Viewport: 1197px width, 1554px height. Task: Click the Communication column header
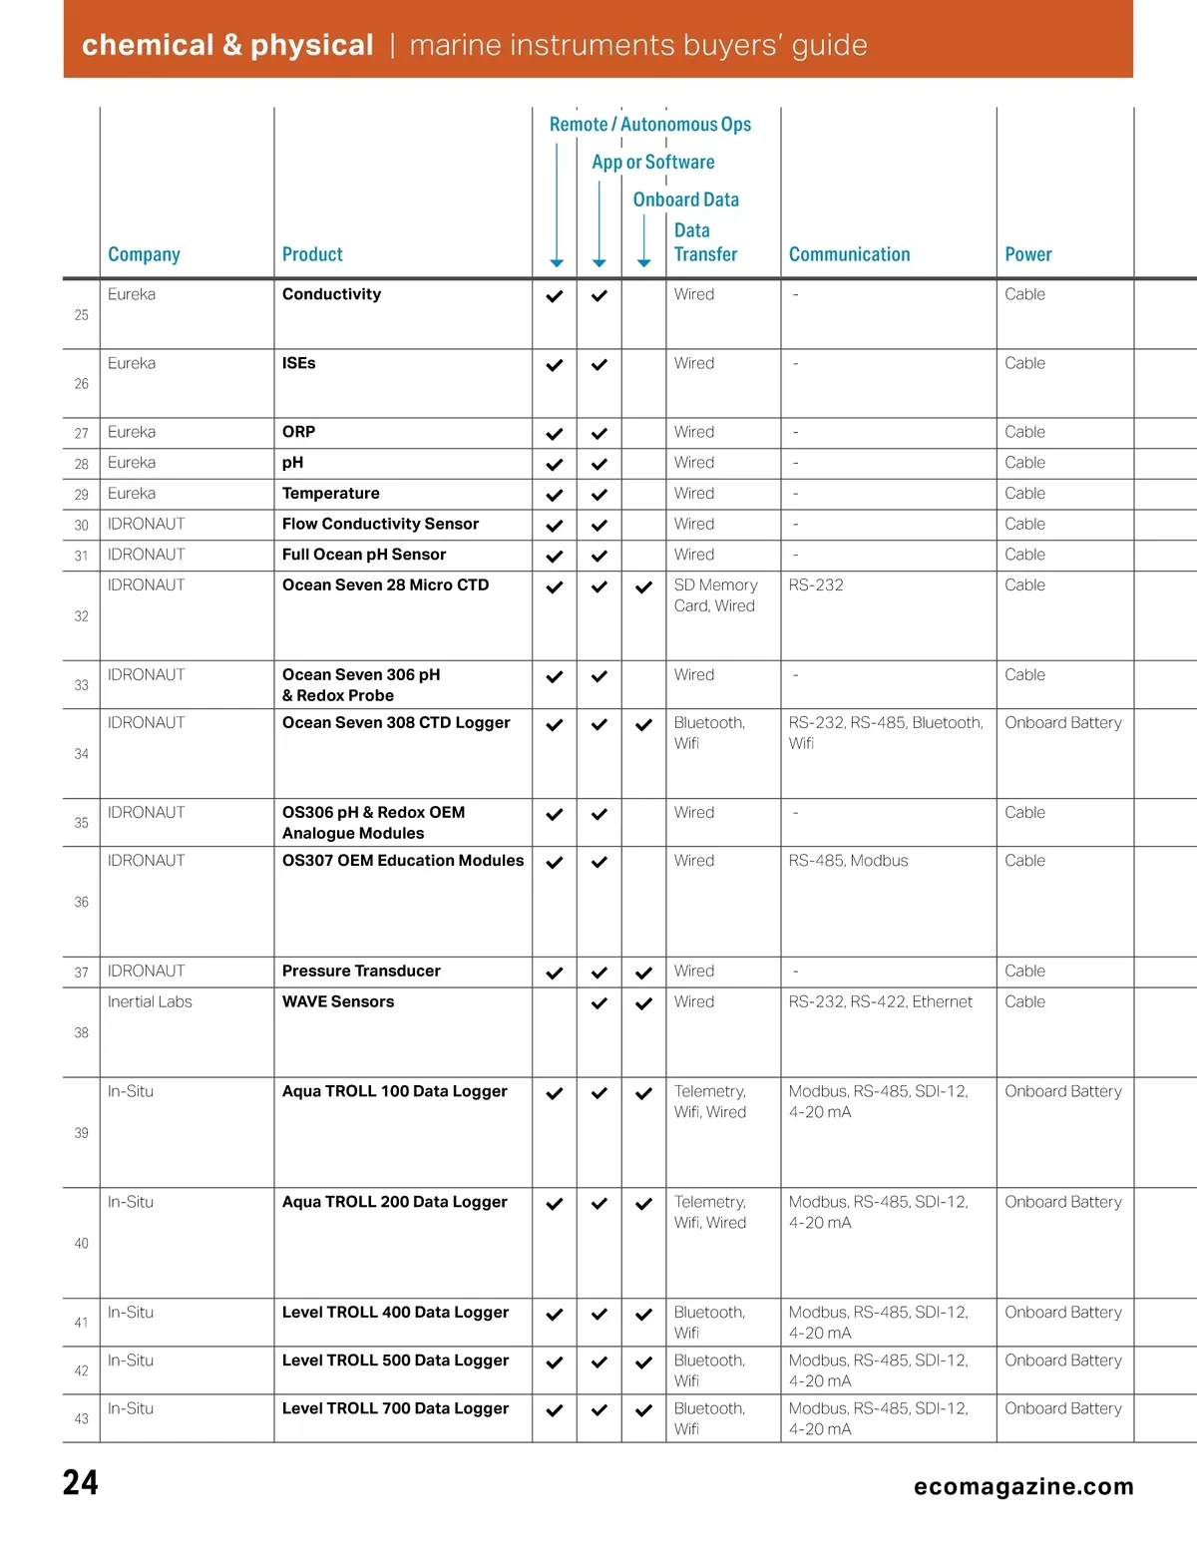pos(849,254)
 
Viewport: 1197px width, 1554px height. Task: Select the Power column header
pos(1027,254)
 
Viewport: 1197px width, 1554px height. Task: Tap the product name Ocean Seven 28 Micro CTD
pos(385,584)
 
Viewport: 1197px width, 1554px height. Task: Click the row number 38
pos(82,1032)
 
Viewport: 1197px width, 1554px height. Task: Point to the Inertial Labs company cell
pos(150,1001)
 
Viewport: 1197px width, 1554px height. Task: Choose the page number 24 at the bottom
pos(81,1483)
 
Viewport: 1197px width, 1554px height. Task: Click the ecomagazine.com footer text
pos(1023,1486)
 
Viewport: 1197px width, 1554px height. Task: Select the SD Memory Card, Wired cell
pos(715,595)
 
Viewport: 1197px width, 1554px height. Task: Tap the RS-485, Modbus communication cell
pos(848,860)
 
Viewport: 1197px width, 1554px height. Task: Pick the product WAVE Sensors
pos(338,1001)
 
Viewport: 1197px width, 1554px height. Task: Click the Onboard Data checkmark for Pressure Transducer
pos(644,972)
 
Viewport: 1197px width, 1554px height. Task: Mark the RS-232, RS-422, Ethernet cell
pos(880,1001)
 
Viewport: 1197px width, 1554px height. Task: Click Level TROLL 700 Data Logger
pos(395,1408)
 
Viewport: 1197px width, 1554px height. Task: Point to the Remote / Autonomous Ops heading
pos(650,125)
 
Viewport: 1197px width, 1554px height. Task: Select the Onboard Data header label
pos(686,199)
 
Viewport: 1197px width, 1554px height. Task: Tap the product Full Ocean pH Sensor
pos(364,555)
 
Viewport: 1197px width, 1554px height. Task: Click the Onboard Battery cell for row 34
pos(1062,722)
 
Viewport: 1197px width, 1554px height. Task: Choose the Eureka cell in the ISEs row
pos(132,363)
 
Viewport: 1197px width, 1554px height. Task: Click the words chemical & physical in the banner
pos(227,45)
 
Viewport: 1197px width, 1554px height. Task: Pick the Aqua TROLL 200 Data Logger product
pos(394,1202)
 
